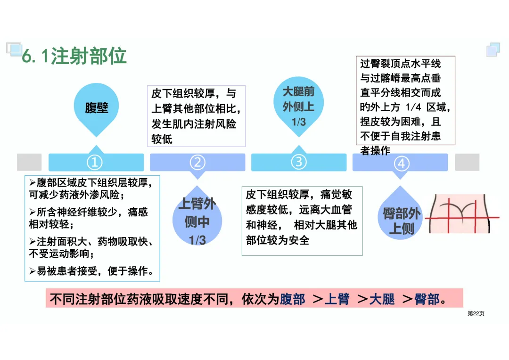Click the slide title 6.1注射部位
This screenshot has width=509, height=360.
tap(74, 56)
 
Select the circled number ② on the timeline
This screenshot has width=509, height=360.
tap(197, 163)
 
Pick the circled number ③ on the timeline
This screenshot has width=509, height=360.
tap(299, 162)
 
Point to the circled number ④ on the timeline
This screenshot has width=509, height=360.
tap(401, 164)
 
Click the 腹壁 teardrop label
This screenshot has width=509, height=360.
tap(97, 108)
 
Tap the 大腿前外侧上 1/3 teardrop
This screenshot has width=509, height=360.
tap(299, 106)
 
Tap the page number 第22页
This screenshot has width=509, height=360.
tap(476, 313)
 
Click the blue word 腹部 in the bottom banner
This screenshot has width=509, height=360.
tap(293, 299)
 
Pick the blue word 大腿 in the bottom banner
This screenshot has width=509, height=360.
tap(382, 299)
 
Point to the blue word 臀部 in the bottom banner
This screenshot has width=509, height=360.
tap(427, 299)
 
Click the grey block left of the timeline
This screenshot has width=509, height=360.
tap(29, 162)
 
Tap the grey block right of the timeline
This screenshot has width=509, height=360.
tap(467, 162)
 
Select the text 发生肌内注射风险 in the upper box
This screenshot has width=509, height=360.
tap(194, 124)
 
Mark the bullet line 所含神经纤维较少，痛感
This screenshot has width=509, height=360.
tap(92, 213)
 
